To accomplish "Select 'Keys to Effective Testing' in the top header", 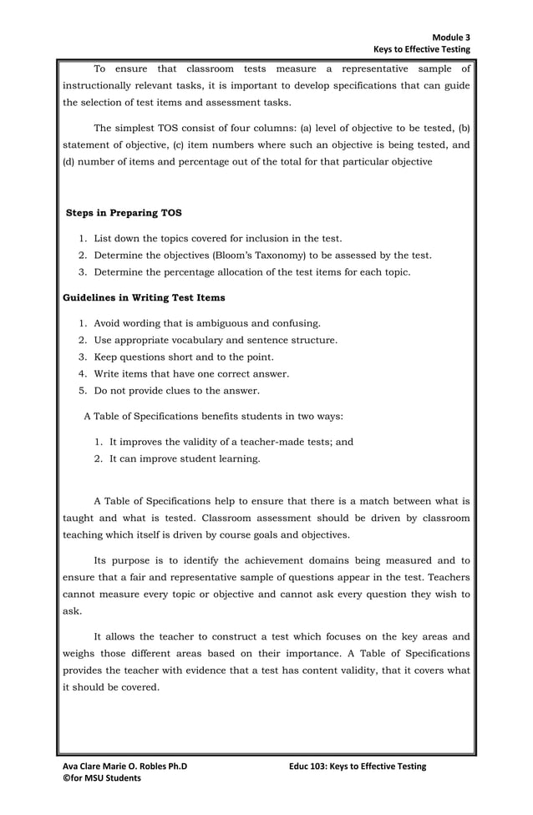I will pos(421,50).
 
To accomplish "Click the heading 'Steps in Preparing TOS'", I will pos(123,213).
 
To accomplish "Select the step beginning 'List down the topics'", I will pos(217,239).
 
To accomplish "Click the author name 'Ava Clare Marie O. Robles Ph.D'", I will pos(125,766).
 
